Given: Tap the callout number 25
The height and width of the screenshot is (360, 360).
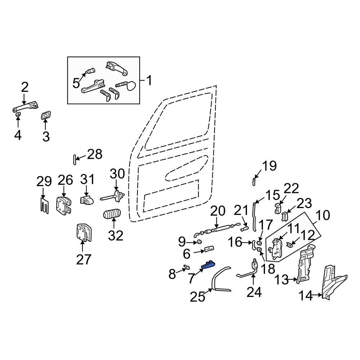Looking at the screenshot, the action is click(197, 297).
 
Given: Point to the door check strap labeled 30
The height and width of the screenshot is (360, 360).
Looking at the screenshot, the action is click(112, 196).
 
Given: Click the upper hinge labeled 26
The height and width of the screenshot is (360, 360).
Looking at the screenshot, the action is click(64, 205).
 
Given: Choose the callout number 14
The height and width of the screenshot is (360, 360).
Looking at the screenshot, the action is click(306, 296).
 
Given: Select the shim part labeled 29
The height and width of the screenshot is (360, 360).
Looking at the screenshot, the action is click(44, 205).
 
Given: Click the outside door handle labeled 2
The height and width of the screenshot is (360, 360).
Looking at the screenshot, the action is click(26, 107).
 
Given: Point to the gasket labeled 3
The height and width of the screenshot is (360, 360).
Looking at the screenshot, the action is click(45, 116).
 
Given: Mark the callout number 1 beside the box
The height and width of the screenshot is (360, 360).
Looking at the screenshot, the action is click(149, 81).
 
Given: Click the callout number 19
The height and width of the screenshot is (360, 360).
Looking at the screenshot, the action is click(269, 166).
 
